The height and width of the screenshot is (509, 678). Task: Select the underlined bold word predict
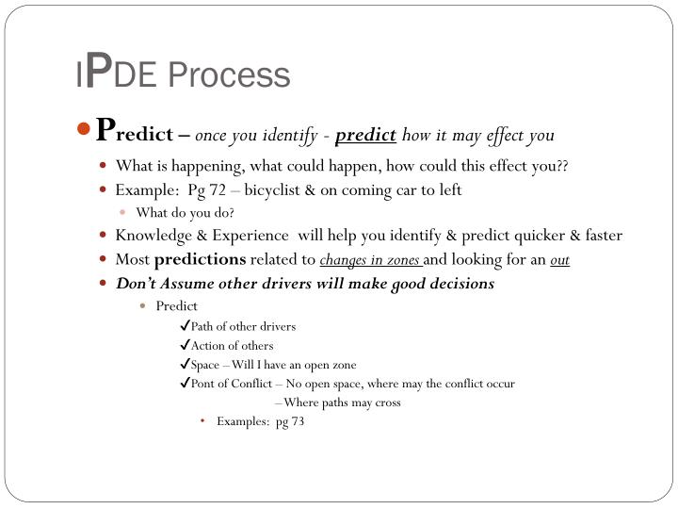click(365, 135)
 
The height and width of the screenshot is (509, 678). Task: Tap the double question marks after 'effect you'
click(562, 167)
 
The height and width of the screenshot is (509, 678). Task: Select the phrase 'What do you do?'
click(185, 212)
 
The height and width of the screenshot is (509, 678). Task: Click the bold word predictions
click(200, 259)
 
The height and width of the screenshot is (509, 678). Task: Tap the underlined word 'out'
click(560, 260)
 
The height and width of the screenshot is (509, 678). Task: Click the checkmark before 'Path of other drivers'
click(185, 326)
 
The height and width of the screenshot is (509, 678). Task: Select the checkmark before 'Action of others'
click(185, 345)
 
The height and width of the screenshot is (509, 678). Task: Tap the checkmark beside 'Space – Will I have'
click(185, 364)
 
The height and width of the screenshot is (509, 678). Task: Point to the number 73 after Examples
click(296, 421)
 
